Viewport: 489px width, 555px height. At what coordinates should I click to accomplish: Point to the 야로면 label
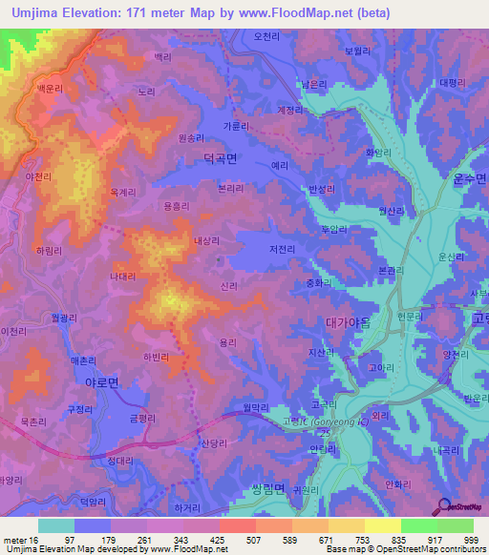[99, 380]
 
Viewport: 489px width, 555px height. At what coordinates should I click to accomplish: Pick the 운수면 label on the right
[468, 178]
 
